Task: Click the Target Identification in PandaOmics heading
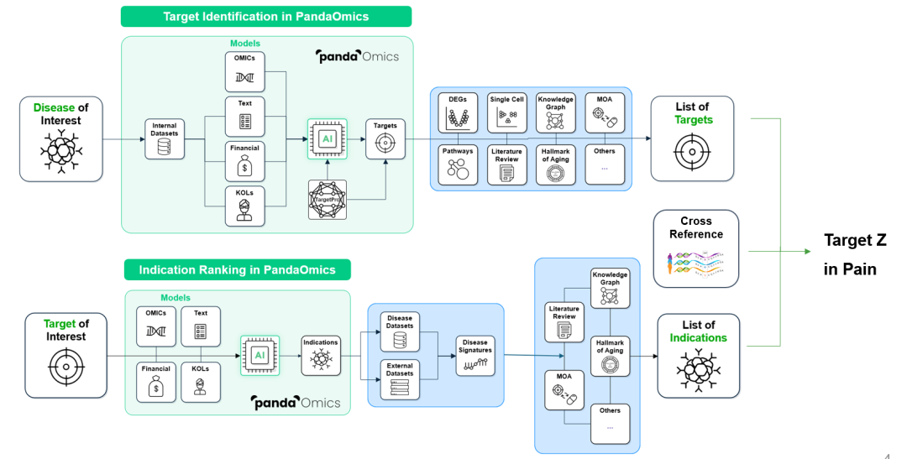[x=266, y=16]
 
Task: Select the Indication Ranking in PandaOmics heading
[x=237, y=269]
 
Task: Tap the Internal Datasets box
[x=165, y=138]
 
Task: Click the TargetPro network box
[x=328, y=200]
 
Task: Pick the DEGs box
[x=458, y=112]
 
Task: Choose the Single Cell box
[x=506, y=112]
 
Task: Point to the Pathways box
[x=458, y=164]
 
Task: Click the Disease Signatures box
[x=475, y=356]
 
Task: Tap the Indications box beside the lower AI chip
[x=321, y=356]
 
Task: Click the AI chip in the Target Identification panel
[x=328, y=138]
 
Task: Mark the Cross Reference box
[x=696, y=248]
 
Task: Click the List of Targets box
[x=692, y=138]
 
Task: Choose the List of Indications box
[x=698, y=356]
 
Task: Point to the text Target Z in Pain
[x=855, y=254]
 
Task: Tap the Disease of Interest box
[x=60, y=139]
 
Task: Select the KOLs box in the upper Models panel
[x=244, y=206]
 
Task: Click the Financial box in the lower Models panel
[x=156, y=382]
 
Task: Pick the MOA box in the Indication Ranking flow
[x=564, y=390]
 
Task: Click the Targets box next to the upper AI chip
[x=385, y=138]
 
